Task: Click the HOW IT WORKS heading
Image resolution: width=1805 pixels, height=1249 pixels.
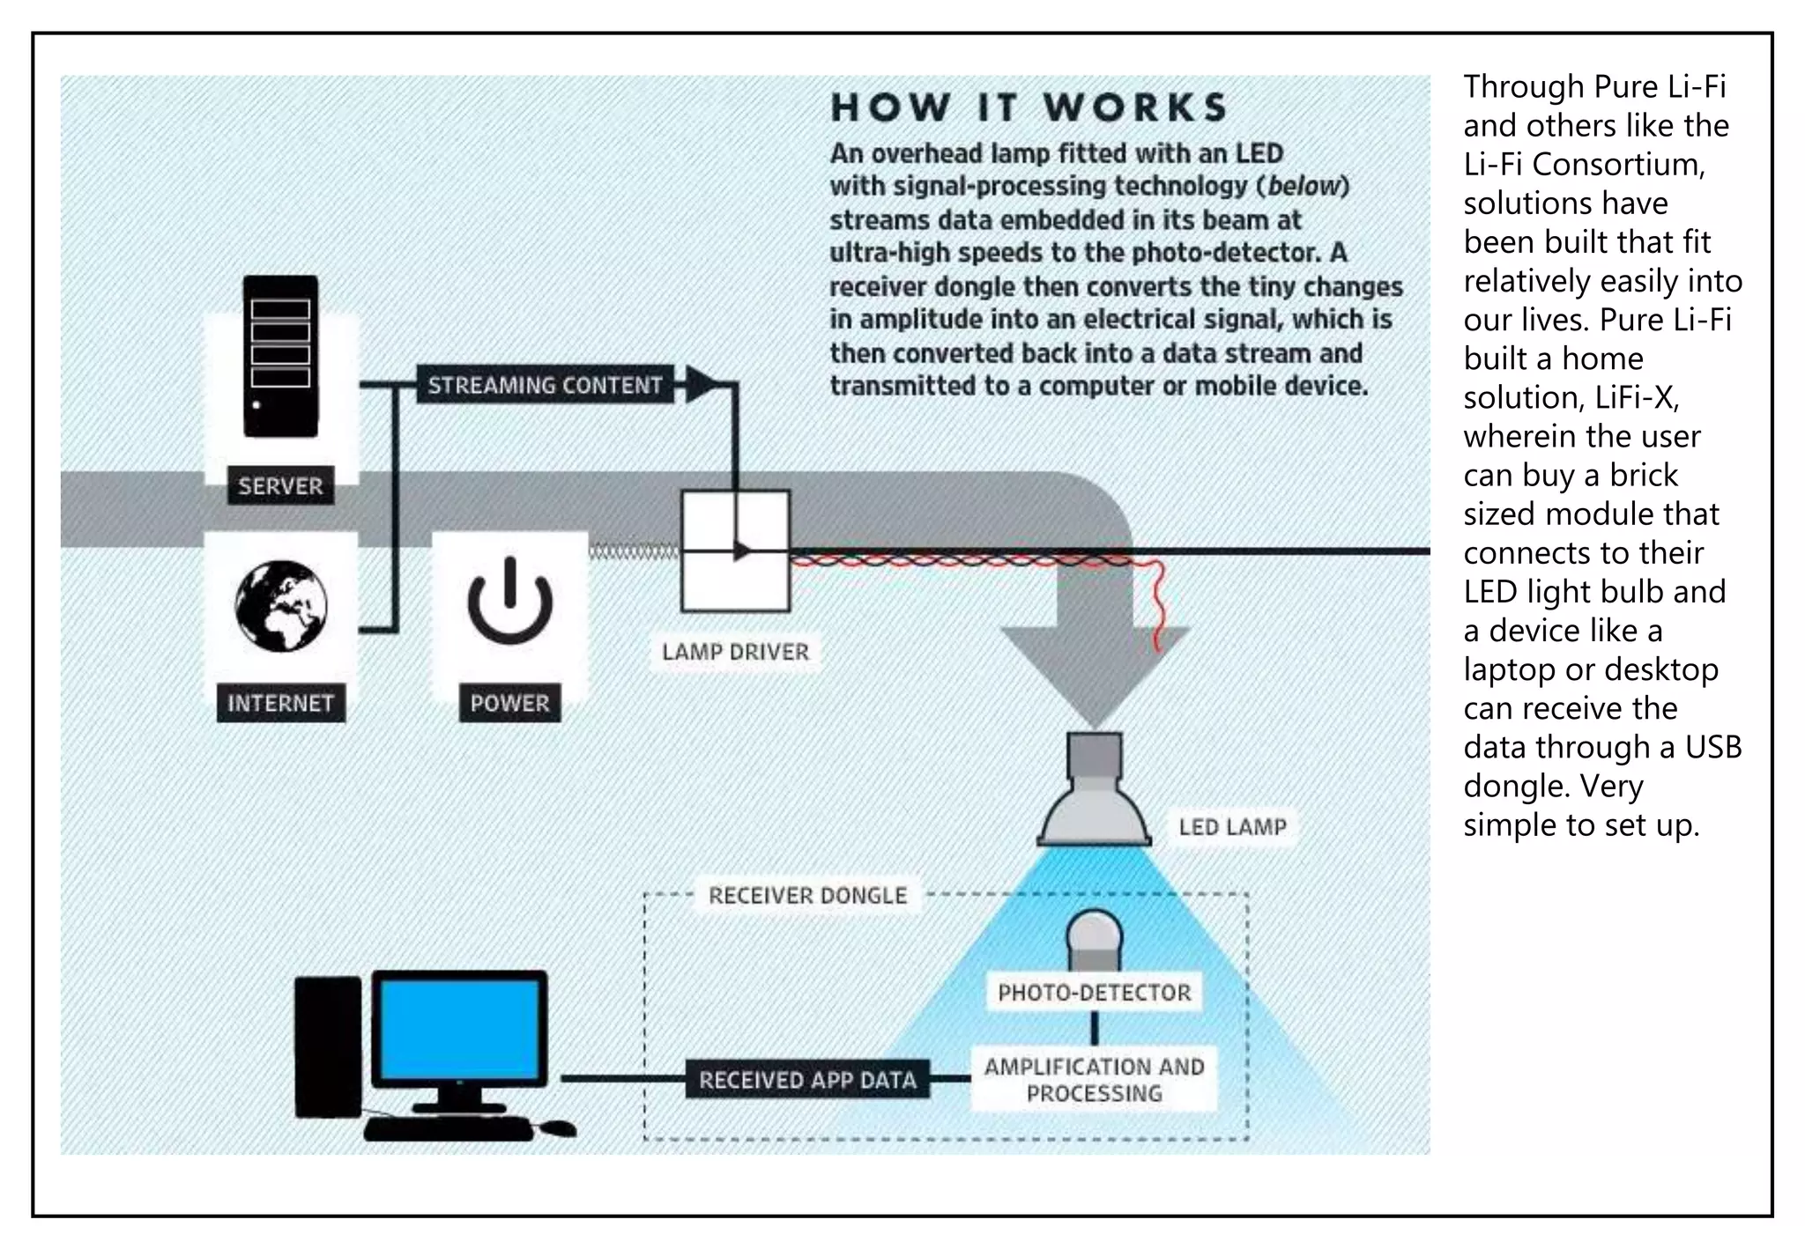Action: pyautogui.click(x=1029, y=107)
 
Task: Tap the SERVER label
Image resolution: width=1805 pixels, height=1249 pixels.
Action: pyautogui.click(x=280, y=485)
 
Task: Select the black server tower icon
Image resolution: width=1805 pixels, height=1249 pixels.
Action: pyautogui.click(x=280, y=356)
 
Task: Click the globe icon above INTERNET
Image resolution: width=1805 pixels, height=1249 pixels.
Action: pyautogui.click(x=281, y=606)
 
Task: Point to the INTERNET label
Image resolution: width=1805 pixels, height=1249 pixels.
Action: pyautogui.click(x=280, y=703)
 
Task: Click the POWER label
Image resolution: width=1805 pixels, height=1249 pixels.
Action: pyautogui.click(x=509, y=703)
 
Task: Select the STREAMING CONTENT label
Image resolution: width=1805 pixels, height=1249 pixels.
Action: pyautogui.click(x=545, y=385)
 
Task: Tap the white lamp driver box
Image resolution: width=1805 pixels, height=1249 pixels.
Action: pyautogui.click(x=735, y=551)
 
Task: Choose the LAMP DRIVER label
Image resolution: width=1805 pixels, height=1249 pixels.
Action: pyautogui.click(x=735, y=652)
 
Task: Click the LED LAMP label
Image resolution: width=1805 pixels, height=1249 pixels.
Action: pyautogui.click(x=1232, y=827)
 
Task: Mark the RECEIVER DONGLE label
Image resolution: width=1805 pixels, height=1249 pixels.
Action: pyautogui.click(x=807, y=896)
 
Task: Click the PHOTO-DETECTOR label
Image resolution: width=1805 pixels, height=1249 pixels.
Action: pyautogui.click(x=1094, y=993)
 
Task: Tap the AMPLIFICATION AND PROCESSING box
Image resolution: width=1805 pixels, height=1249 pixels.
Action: pyautogui.click(x=1094, y=1080)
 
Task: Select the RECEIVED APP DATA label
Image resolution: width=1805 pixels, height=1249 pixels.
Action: pyautogui.click(x=807, y=1080)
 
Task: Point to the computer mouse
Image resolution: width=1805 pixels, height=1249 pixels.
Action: pyautogui.click(x=557, y=1128)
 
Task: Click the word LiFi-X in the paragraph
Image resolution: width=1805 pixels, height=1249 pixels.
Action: pyautogui.click(x=1636, y=398)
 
